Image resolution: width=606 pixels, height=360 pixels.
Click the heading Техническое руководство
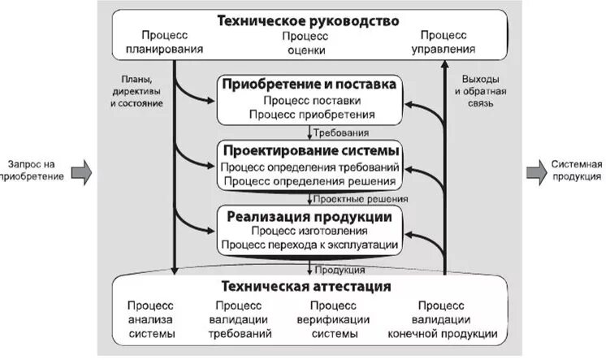click(x=308, y=20)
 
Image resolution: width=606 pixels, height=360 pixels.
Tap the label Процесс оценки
click(x=306, y=43)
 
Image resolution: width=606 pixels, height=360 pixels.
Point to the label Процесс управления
click(x=444, y=42)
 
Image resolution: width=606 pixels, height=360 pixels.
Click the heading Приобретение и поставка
click(x=309, y=85)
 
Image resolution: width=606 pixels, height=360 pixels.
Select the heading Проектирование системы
click(x=309, y=151)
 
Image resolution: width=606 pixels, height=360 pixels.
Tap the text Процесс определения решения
click(x=309, y=181)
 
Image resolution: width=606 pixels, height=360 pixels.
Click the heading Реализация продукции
click(x=309, y=217)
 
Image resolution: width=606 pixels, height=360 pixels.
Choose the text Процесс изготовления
click(x=309, y=232)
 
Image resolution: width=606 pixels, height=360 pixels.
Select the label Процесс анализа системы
click(x=150, y=319)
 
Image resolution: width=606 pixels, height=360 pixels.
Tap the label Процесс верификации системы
click(x=333, y=319)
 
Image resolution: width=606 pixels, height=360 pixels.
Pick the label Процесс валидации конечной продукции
click(x=443, y=319)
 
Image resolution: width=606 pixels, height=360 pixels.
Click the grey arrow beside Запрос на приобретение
click(x=80, y=171)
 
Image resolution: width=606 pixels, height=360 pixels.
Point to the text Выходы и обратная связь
click(x=483, y=92)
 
